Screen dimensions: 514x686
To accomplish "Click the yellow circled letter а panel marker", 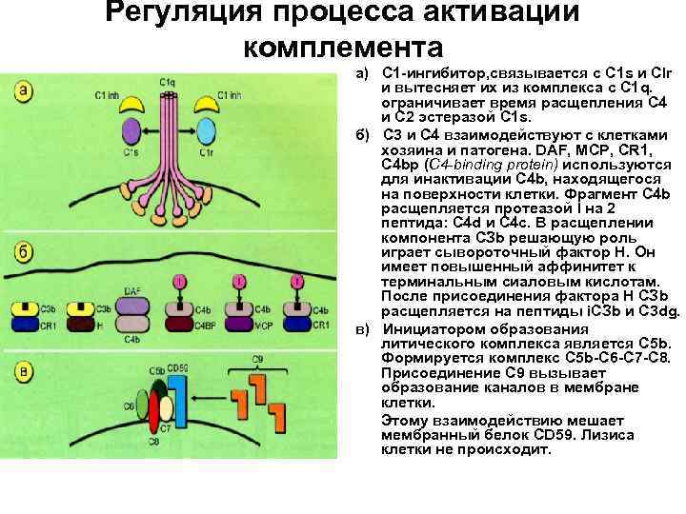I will [24, 90].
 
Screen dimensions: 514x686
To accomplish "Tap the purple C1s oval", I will [129, 134].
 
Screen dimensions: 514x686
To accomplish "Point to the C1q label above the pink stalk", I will [168, 82].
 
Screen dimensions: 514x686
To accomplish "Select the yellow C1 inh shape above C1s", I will [132, 108].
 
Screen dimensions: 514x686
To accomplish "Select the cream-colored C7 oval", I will [167, 410].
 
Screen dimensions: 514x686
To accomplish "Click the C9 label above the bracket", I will [256, 359].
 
